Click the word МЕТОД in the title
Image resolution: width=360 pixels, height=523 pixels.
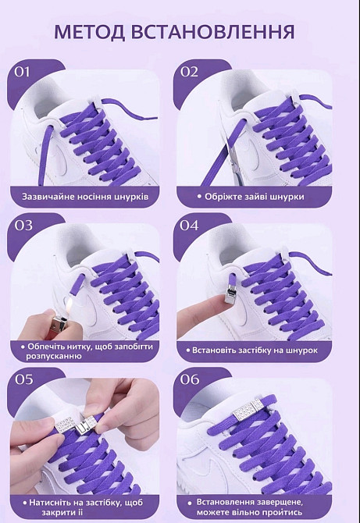pos(90,32)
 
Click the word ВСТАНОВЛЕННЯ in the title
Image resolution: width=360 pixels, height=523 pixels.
pos(212,32)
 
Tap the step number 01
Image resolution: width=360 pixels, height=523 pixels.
pos(23,72)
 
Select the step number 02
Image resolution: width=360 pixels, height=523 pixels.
pos(189,72)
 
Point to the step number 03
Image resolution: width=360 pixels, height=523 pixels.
pos(23,225)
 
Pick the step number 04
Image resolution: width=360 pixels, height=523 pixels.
pos(189,225)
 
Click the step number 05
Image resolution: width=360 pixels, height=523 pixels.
pos(23,379)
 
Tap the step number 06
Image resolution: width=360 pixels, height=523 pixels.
pos(190,379)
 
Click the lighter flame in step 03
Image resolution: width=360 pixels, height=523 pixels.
pos(70,304)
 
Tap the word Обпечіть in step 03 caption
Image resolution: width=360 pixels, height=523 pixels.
pos(47,347)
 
